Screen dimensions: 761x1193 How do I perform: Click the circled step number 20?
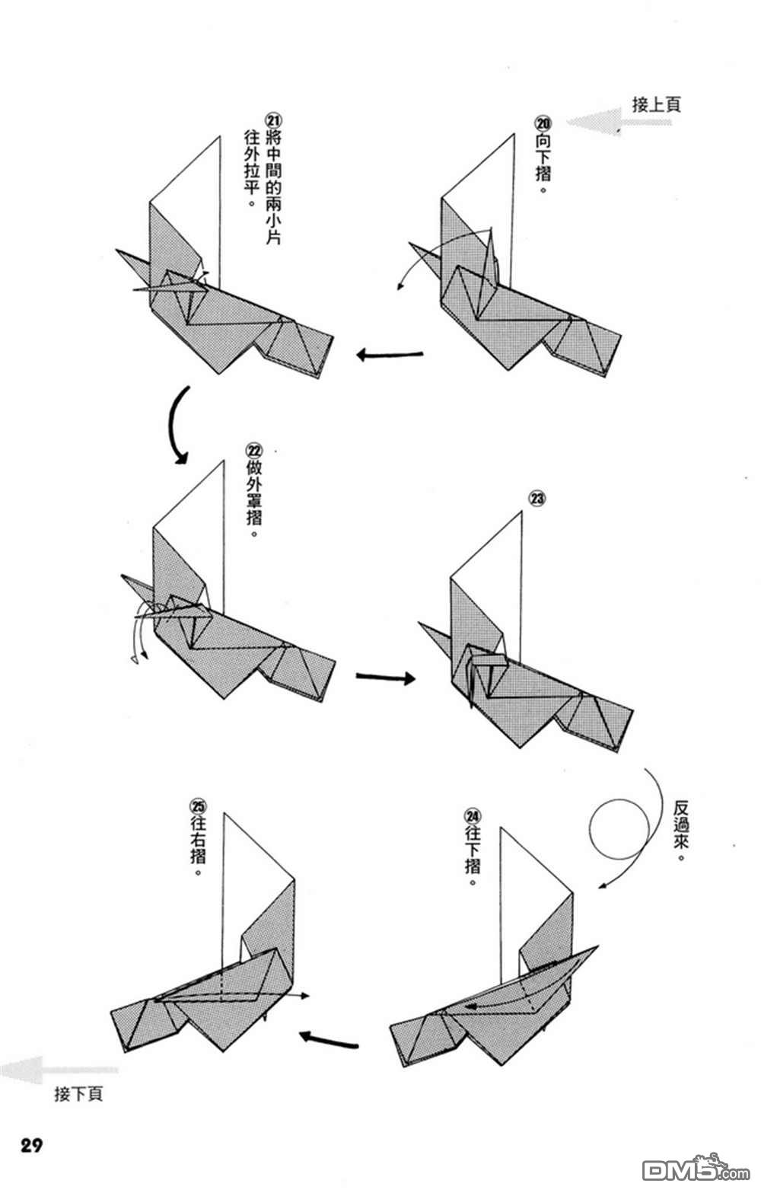coord(543,123)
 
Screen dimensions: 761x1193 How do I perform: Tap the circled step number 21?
coord(274,120)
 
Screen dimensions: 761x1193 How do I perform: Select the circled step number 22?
coord(254,451)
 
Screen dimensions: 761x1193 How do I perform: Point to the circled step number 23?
coord(537,499)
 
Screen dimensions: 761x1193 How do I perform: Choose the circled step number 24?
coord(473,816)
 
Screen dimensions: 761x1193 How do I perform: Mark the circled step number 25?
coord(198,805)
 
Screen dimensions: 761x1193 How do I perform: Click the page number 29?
coord(32,1144)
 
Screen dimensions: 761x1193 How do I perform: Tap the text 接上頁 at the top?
coord(656,104)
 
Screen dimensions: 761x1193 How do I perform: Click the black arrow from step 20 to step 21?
coord(390,354)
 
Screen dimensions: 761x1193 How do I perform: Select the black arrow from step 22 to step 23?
coord(386,678)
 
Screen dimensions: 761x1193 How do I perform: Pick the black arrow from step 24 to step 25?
coord(328,1038)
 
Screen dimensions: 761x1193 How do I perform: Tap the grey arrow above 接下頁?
coord(58,1069)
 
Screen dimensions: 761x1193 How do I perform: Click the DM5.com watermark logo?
coord(696,1168)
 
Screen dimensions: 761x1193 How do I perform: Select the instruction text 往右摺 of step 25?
coord(198,839)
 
